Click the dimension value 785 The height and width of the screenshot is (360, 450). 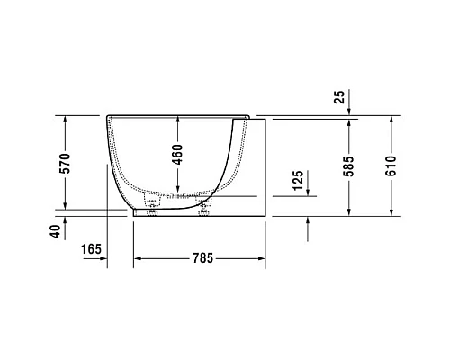(x=201, y=259)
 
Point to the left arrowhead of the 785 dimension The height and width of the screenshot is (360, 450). (x=138, y=259)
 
